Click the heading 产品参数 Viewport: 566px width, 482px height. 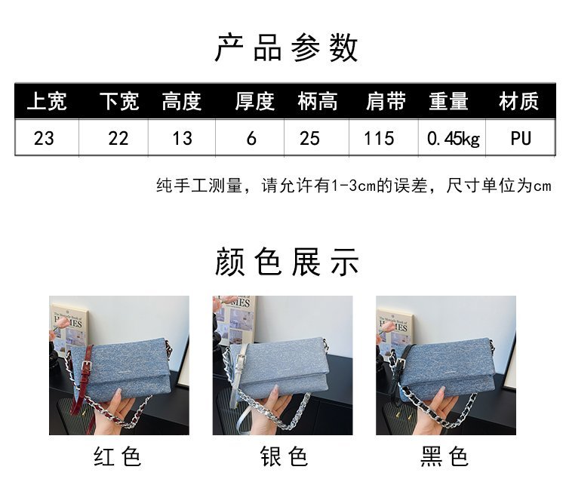(286, 48)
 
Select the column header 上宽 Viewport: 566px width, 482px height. (47, 101)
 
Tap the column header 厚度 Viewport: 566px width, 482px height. (255, 101)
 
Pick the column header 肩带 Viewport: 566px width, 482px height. (386, 101)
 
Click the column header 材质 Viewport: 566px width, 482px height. (519, 101)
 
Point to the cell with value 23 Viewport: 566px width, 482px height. (44, 139)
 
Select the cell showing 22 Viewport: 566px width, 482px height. (118, 139)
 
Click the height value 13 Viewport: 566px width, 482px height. (183, 139)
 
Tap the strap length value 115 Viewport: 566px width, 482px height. (379, 139)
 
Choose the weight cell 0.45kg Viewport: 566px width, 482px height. (454, 139)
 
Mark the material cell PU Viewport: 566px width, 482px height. (521, 139)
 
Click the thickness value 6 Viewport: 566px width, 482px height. (251, 139)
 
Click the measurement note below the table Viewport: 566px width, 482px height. (354, 186)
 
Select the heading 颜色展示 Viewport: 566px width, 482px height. (287, 262)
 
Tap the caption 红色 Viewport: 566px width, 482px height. (117, 456)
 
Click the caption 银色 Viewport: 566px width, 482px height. (284, 456)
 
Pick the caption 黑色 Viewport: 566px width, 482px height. (444, 456)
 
